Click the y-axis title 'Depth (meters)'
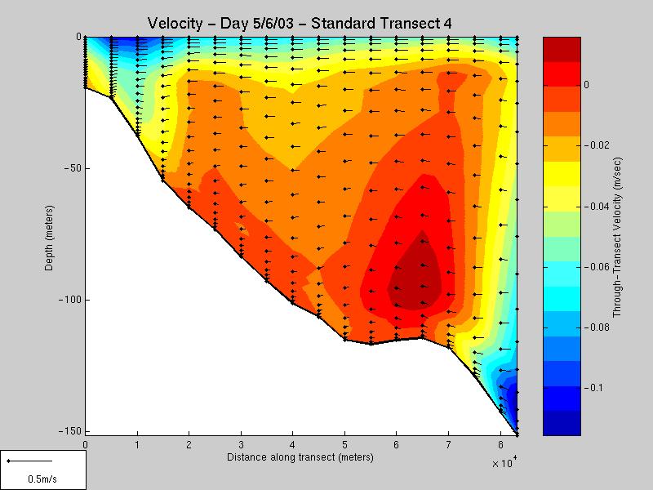pos(49,236)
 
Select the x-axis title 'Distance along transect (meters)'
pos(301,457)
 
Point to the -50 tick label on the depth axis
pos(71,168)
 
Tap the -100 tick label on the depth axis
pos(69,300)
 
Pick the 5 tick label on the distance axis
pos(345,444)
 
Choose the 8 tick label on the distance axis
pos(501,444)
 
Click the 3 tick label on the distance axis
pos(242,444)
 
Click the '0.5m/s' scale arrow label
pos(43,478)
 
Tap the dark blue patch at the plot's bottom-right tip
pos(513,400)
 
